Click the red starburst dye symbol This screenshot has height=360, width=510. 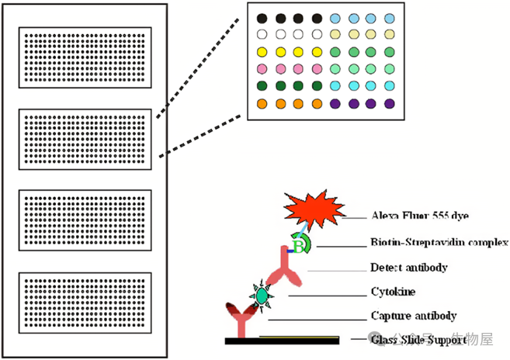tap(312, 208)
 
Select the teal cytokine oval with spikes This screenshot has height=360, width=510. tap(262, 296)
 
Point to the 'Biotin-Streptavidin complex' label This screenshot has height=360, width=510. tap(439, 243)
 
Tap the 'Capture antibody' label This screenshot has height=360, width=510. tap(413, 316)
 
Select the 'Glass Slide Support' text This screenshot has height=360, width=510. tap(418, 339)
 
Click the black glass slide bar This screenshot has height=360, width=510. tap(283, 340)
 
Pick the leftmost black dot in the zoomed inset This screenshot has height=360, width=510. tap(262, 18)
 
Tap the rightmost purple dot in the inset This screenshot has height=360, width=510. tap(390, 103)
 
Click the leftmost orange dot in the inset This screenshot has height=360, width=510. tap(262, 103)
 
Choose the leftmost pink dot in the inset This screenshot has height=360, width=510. tap(262, 69)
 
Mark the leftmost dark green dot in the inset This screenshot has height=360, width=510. tap(262, 86)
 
